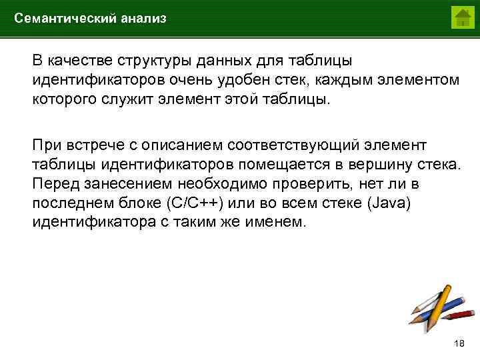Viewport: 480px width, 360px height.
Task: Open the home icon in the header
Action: point(461,18)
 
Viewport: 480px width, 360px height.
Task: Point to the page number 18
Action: point(458,343)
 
